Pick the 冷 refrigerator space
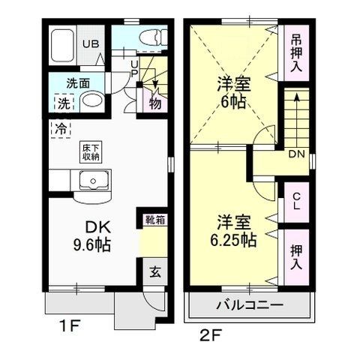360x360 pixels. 58,127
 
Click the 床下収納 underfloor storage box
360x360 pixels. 88,152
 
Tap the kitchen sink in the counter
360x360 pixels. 94,180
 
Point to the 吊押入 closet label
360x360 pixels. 295,51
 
